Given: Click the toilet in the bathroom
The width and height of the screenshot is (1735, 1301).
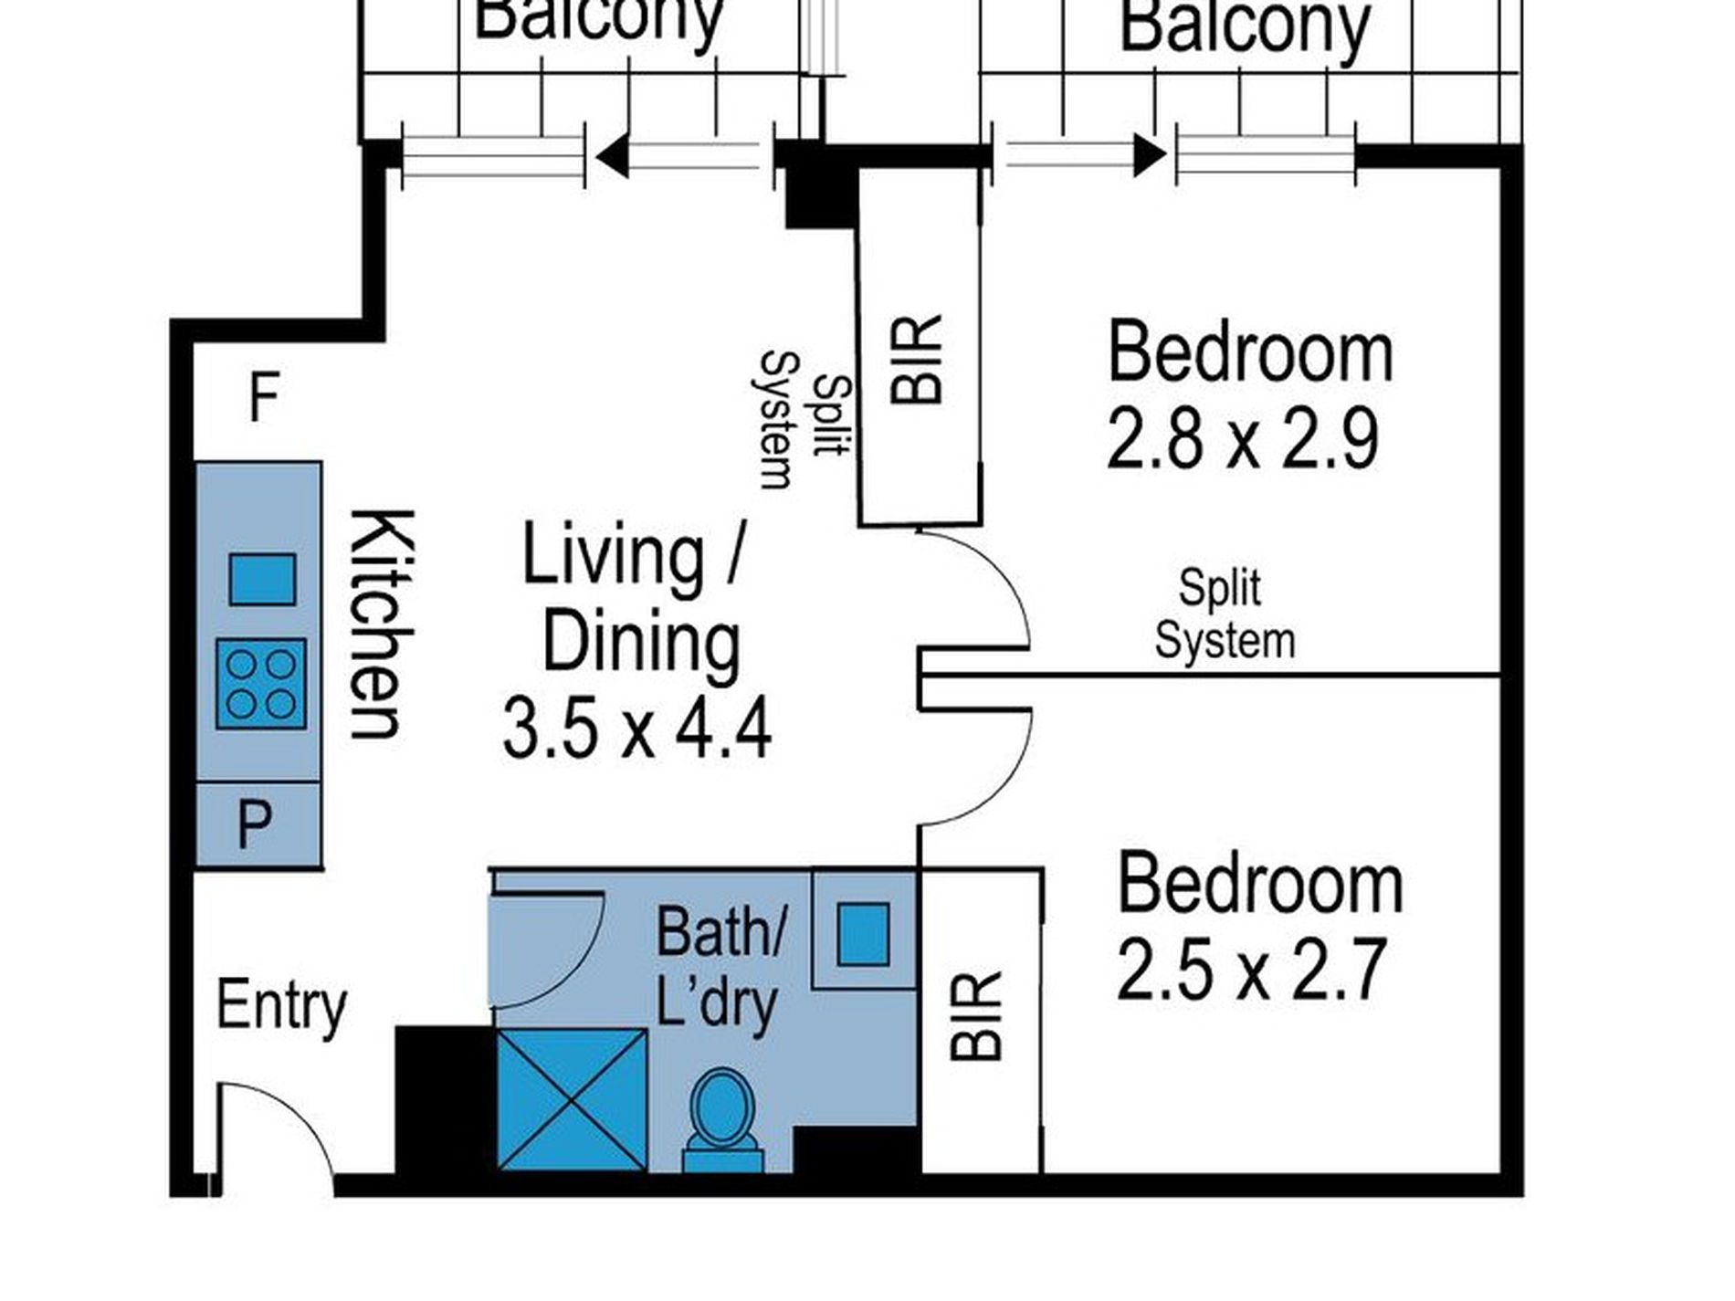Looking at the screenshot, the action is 723,1120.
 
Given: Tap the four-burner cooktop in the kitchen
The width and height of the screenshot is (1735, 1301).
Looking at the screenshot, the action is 261,684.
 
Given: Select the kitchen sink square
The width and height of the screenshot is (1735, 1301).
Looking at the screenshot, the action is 262,579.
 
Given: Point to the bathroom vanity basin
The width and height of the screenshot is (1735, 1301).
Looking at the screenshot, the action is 863,934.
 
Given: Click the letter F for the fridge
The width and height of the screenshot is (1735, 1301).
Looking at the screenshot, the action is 263,399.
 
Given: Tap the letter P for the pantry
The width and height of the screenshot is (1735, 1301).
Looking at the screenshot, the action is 255,824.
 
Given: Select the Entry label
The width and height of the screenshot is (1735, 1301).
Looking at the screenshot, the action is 281,1006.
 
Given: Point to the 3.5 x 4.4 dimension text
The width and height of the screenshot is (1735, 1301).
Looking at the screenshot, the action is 636,728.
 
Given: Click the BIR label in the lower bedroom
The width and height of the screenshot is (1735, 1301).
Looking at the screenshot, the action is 976,1017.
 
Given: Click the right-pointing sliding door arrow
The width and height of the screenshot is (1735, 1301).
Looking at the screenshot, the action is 1086,155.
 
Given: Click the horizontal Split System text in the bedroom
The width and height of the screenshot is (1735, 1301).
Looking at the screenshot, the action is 1225,614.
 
